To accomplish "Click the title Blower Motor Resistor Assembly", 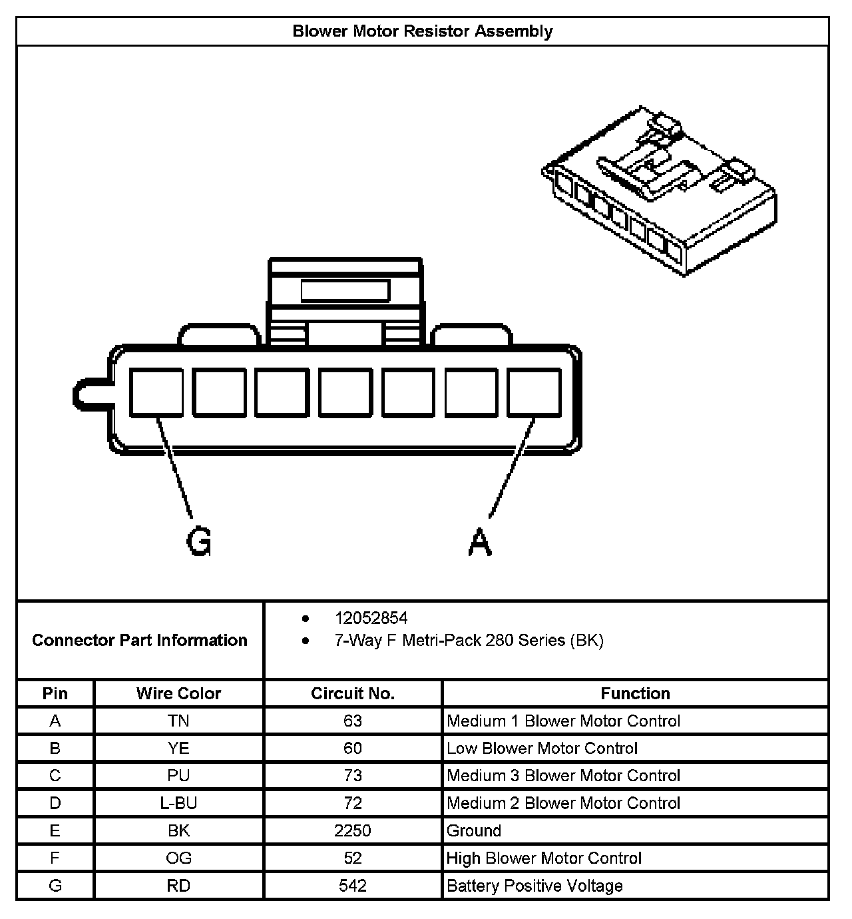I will coord(423,31).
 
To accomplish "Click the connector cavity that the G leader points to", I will coord(156,393).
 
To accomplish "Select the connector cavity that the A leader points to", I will coord(534,393).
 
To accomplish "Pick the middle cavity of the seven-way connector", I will coord(345,393).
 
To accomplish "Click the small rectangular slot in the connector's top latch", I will coord(345,291).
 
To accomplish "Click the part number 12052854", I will coord(371,618).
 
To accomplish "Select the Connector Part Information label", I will coord(140,640).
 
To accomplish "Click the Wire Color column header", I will coord(178,693).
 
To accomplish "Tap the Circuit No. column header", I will coord(353,693).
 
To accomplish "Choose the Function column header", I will coord(635,693).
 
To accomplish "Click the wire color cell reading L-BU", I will coord(178,803).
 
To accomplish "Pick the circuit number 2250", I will coord(353,830).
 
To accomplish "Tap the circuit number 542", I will coord(353,886).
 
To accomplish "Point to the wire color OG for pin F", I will coord(178,858).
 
